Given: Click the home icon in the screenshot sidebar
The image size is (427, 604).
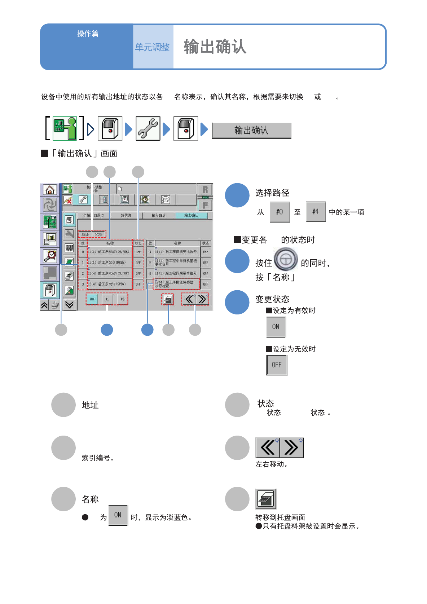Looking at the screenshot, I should pyautogui.click(x=50, y=190).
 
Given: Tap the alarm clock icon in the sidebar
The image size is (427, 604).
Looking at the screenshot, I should pyautogui.click(x=50, y=256).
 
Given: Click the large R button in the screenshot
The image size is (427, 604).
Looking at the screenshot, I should pyautogui.click(x=205, y=190).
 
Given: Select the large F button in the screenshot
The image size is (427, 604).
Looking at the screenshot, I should pyautogui.click(x=205, y=205).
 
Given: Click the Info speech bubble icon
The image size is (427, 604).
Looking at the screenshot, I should pyautogui.click(x=166, y=199).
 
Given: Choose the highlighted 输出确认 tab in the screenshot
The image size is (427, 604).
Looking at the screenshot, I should pyautogui.click(x=191, y=216).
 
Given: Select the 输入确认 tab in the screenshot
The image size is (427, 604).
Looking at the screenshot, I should pyautogui.click(x=158, y=216).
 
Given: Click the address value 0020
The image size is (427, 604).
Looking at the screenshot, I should pyautogui.click(x=98, y=234).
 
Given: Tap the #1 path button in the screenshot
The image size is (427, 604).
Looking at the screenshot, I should pyautogui.click(x=107, y=299).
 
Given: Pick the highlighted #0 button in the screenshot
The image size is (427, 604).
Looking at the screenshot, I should pyautogui.click(x=92, y=299).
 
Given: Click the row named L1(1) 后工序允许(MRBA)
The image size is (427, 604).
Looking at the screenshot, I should pyautogui.click(x=110, y=263).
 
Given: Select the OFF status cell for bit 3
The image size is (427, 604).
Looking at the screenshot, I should pyautogui.click(x=138, y=284).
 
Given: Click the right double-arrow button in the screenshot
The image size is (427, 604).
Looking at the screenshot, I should pyautogui.click(x=202, y=299).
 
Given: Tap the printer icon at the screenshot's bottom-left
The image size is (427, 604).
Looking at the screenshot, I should pyautogui.click(x=55, y=305).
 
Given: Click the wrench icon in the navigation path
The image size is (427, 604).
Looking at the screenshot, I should pyautogui.click(x=148, y=128).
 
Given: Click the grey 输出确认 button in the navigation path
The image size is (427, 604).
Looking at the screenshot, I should pyautogui.click(x=251, y=131).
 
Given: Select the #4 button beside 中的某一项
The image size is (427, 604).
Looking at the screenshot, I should pyautogui.click(x=316, y=212).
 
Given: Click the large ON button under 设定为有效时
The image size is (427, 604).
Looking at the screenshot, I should pyautogui.click(x=276, y=327).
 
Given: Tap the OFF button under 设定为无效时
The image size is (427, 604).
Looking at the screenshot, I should pyautogui.click(x=277, y=365).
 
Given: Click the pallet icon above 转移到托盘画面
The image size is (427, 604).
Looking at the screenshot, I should pyautogui.click(x=266, y=499).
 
